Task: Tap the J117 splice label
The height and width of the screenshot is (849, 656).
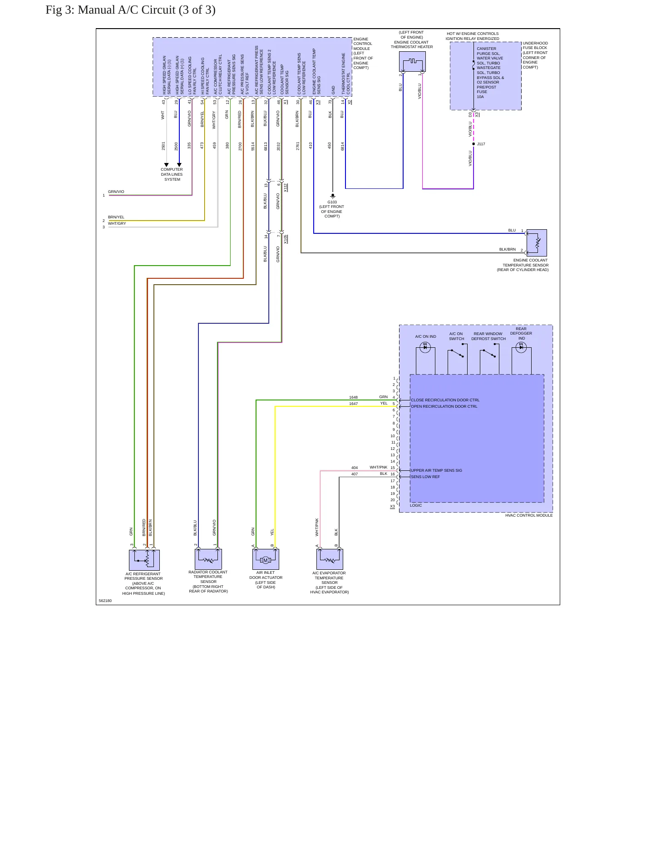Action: (x=481, y=144)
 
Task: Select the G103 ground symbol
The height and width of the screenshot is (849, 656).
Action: (x=332, y=196)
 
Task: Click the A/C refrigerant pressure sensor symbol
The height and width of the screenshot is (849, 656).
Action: (x=144, y=560)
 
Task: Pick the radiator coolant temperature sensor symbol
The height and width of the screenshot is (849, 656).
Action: (x=208, y=559)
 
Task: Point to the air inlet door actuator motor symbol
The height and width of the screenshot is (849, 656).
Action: (x=266, y=559)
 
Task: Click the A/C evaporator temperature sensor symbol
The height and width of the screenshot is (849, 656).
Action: (x=330, y=559)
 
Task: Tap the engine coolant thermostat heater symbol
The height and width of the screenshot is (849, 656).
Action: (x=412, y=61)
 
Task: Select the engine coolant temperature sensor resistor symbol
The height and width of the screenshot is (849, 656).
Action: (x=537, y=243)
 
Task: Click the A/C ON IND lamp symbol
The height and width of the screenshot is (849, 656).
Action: (x=425, y=347)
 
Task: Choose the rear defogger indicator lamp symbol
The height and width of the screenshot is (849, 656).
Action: (x=521, y=347)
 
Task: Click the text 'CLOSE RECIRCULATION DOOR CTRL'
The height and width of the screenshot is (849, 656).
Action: (x=445, y=400)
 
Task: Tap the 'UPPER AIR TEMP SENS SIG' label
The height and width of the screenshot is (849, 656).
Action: (x=436, y=470)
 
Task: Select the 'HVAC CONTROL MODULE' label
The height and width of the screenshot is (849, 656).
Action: (x=529, y=515)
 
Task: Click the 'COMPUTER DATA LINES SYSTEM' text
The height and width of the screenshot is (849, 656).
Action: (x=172, y=174)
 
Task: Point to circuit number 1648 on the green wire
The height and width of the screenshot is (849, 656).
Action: (x=353, y=397)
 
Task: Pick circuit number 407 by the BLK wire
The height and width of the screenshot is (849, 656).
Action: (x=355, y=474)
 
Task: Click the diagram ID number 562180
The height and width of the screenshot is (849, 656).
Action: (x=105, y=601)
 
